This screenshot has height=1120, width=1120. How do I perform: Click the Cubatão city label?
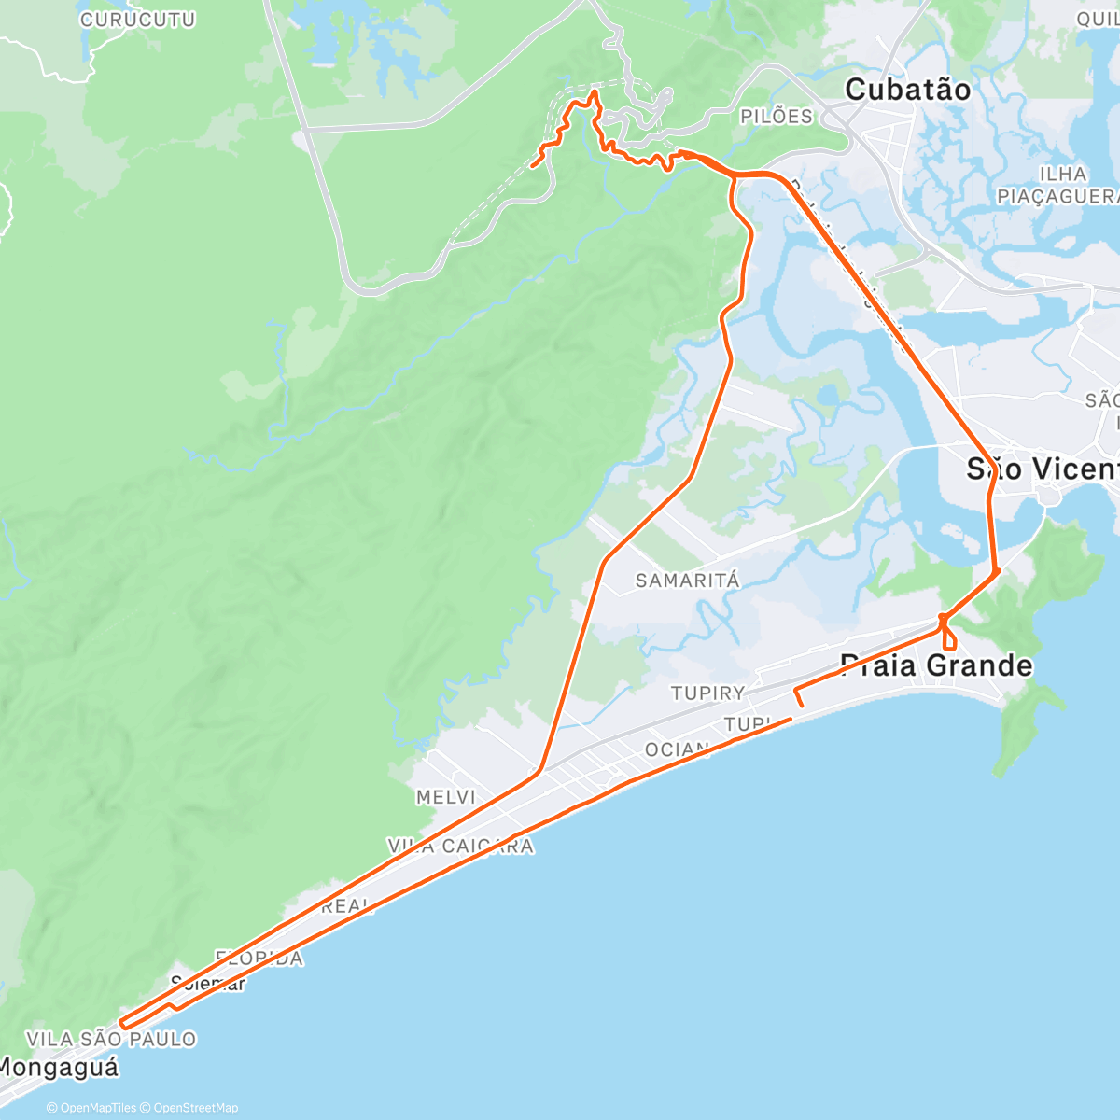pyautogui.click(x=907, y=90)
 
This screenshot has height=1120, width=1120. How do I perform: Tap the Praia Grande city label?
pyautogui.click(x=936, y=665)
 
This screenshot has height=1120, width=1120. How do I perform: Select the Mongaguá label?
pyautogui.click(x=60, y=1067)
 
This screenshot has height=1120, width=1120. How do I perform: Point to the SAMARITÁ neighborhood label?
pyautogui.click(x=688, y=581)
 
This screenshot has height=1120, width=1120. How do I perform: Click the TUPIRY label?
pyautogui.click(x=708, y=693)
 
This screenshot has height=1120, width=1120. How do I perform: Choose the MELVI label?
pyautogui.click(x=446, y=797)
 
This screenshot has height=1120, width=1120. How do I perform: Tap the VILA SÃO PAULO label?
pyautogui.click(x=111, y=1039)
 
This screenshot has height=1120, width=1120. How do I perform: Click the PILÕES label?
pyautogui.click(x=777, y=117)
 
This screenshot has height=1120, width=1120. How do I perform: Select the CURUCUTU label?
pyautogui.click(x=137, y=20)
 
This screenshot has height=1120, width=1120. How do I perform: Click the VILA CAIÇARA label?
pyautogui.click(x=461, y=847)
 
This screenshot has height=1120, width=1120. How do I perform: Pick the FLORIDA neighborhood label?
pyautogui.click(x=259, y=959)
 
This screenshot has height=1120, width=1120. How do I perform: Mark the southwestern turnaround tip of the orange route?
pyautogui.click(x=122, y=1028)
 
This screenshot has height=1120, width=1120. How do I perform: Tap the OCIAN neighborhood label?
pyautogui.click(x=677, y=749)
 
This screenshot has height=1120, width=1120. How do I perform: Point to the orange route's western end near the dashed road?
pyautogui.click(x=532, y=166)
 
